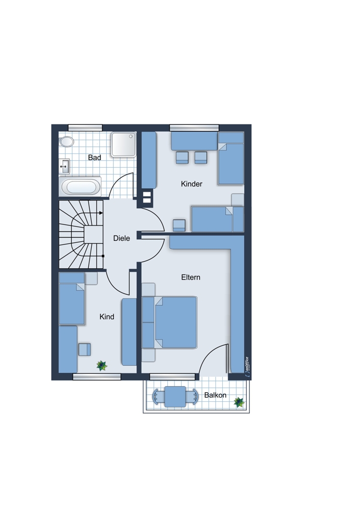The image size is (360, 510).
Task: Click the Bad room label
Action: click(94, 158)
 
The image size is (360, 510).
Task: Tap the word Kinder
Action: click(192, 184)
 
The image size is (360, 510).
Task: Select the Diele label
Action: click(121, 238)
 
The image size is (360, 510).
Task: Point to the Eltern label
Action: click(191, 277)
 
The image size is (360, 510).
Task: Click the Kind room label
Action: click(107, 317)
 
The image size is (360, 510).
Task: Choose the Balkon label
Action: click(215, 395)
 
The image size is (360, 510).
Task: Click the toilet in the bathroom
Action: click(66, 142)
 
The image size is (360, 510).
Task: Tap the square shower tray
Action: click(123, 144)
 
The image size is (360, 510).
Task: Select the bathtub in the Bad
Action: click(81, 187)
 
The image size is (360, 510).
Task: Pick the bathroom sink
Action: click(64, 167)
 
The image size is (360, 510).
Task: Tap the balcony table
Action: click(175, 396)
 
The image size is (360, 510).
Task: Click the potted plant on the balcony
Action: click(239, 402)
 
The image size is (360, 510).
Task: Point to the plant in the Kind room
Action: click(102, 366)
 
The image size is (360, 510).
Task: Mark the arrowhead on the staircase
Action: click(101, 213)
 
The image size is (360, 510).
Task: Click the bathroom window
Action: click(85, 128)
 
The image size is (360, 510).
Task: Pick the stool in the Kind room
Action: click(85, 350)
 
